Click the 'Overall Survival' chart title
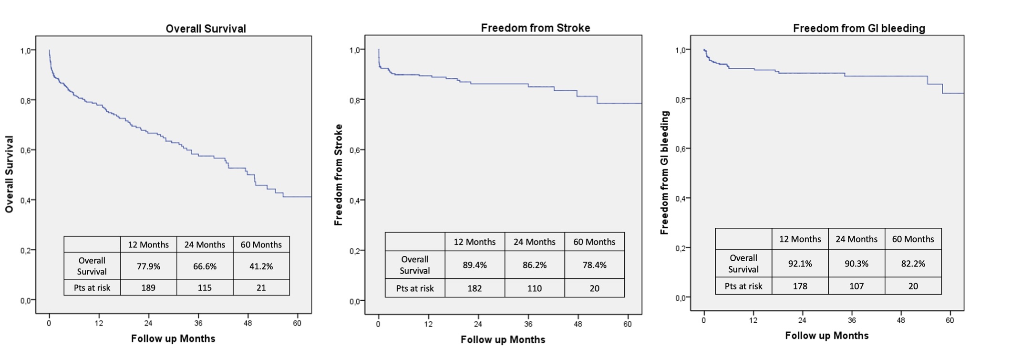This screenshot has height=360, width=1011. (x=206, y=29)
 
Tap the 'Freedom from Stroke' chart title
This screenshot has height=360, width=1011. (x=535, y=28)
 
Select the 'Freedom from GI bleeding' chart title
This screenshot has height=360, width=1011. (x=859, y=29)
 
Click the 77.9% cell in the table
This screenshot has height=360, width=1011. (x=148, y=266)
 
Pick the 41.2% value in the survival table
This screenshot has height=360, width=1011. (x=261, y=266)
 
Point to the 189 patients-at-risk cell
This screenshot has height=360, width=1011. (x=148, y=288)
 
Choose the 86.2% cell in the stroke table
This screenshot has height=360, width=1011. (x=534, y=265)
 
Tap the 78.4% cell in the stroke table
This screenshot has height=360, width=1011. (x=594, y=265)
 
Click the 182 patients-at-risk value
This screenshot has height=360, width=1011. (x=475, y=288)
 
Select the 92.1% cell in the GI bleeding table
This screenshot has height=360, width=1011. (x=800, y=264)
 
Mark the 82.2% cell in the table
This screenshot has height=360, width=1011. (x=913, y=264)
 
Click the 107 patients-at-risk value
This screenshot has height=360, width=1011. (x=856, y=286)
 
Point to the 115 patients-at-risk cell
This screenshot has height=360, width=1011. (x=205, y=288)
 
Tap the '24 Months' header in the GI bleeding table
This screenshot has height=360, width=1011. (x=856, y=239)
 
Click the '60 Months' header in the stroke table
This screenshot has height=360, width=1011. (x=594, y=242)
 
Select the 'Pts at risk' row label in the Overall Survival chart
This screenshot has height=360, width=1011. (x=92, y=288)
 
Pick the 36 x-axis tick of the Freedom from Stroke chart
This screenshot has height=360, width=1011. (x=528, y=324)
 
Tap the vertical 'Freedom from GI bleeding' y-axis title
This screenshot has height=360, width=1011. (x=664, y=173)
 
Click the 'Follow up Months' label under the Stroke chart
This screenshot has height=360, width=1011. (x=503, y=340)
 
